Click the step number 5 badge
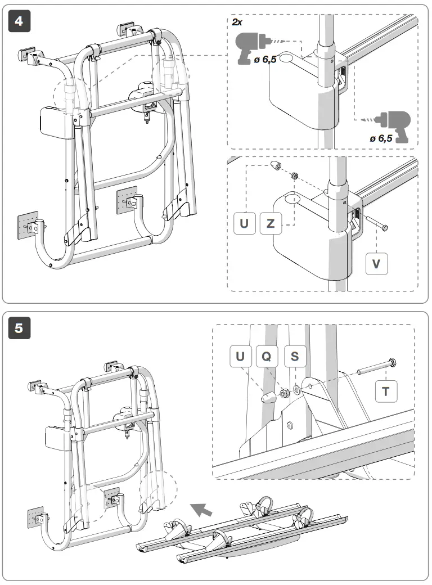tap(19, 328)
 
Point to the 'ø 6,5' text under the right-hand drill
tap(381, 138)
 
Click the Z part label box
tap(271, 223)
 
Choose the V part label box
tap(377, 263)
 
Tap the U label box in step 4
tap(244, 223)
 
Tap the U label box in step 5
tap(241, 357)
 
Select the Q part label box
tap(267, 357)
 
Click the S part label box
tap(294, 357)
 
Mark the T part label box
tap(386, 391)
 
